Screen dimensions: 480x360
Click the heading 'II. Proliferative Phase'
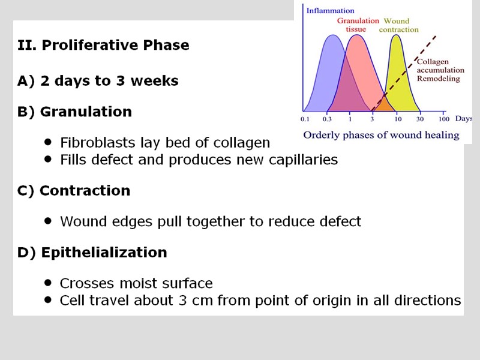[103, 46]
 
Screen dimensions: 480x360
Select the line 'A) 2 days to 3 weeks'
[98, 81]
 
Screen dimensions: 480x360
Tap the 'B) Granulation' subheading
[74, 112]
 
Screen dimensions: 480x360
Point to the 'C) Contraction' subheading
[74, 191]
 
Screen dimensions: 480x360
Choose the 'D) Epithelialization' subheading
[92, 253]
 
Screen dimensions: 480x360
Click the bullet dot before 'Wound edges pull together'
[48, 221]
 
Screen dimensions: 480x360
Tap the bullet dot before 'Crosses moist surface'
[48, 283]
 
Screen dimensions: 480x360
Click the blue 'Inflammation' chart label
[330, 11]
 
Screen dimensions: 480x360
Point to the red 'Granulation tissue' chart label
[358, 25]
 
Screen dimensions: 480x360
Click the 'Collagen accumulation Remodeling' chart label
[439, 70]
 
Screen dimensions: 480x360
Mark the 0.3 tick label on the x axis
[327, 119]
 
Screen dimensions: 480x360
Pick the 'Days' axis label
[463, 119]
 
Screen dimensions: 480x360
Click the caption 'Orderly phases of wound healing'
[381, 135]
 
